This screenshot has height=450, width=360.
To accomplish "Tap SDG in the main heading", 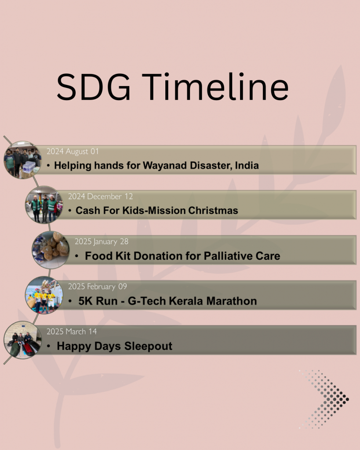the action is [94, 87].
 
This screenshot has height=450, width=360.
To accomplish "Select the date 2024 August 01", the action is [73, 152].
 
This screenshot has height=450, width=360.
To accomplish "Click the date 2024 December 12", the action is [101, 196].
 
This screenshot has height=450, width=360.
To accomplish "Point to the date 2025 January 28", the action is [102, 242].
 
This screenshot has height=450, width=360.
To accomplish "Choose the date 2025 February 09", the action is [97, 287].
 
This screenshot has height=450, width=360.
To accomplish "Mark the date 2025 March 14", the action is [72, 331].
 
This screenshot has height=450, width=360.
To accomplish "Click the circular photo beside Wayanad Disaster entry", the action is [22, 160].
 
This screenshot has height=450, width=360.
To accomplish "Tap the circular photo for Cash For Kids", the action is [44, 205].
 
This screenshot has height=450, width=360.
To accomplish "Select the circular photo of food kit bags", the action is [51, 250].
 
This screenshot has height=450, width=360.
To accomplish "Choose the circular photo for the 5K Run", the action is [44, 295].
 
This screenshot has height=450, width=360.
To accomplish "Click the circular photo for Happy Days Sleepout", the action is [22, 340].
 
